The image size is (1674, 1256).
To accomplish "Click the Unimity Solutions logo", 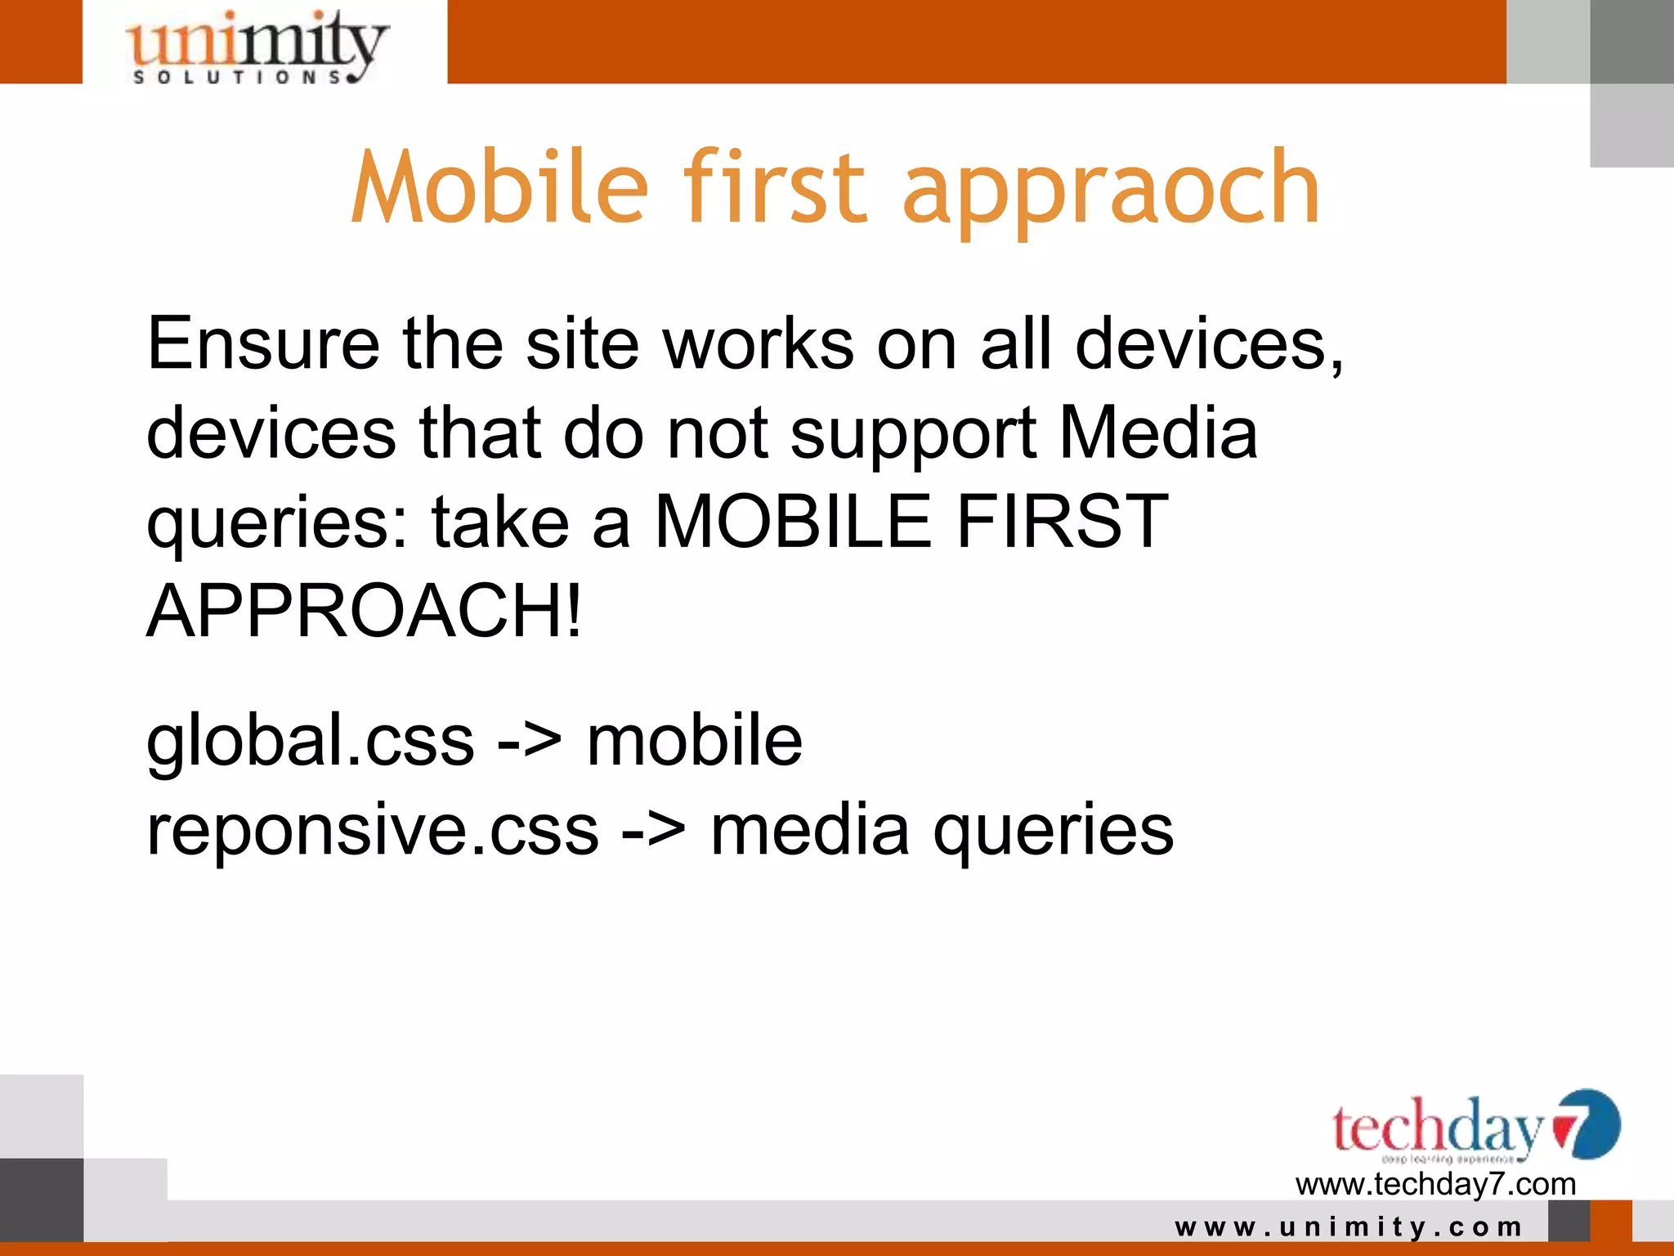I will (255, 47).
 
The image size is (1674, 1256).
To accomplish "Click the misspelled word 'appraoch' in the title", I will (1111, 190).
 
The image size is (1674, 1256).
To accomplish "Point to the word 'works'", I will (759, 344).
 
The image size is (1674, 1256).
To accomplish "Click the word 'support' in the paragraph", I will (913, 435).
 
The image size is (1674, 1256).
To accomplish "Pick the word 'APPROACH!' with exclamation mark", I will (365, 611).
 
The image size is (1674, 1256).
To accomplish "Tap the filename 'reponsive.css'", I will (373, 831).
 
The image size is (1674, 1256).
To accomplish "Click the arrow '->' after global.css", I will (530, 741).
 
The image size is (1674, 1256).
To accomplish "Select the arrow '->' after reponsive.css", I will (654, 831).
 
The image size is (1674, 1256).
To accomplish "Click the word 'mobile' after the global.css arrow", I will (695, 741).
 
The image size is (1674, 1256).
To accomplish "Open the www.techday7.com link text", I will (1435, 1184).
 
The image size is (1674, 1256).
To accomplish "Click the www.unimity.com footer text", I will (1349, 1227).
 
